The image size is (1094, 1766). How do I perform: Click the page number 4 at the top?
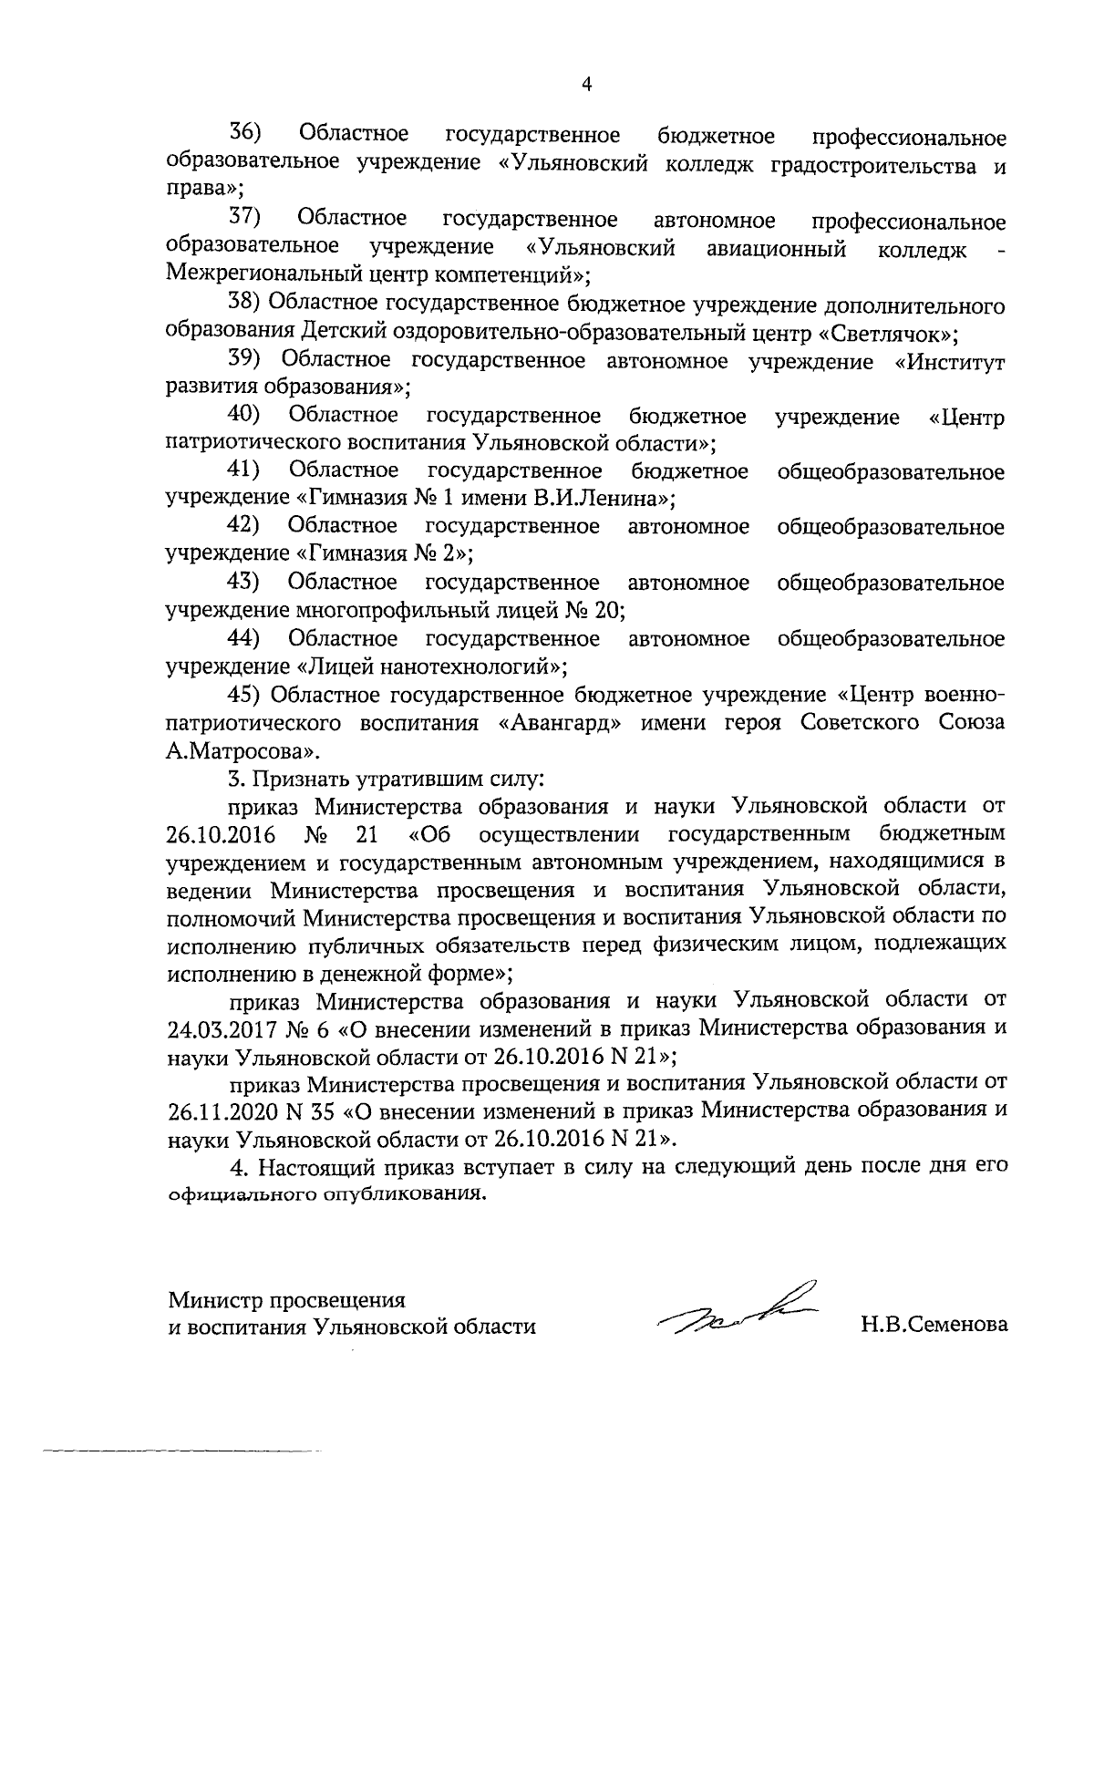587,85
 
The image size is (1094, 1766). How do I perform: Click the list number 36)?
244,134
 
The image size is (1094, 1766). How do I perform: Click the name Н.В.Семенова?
934,1325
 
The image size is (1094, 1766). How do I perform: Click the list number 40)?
243,416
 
